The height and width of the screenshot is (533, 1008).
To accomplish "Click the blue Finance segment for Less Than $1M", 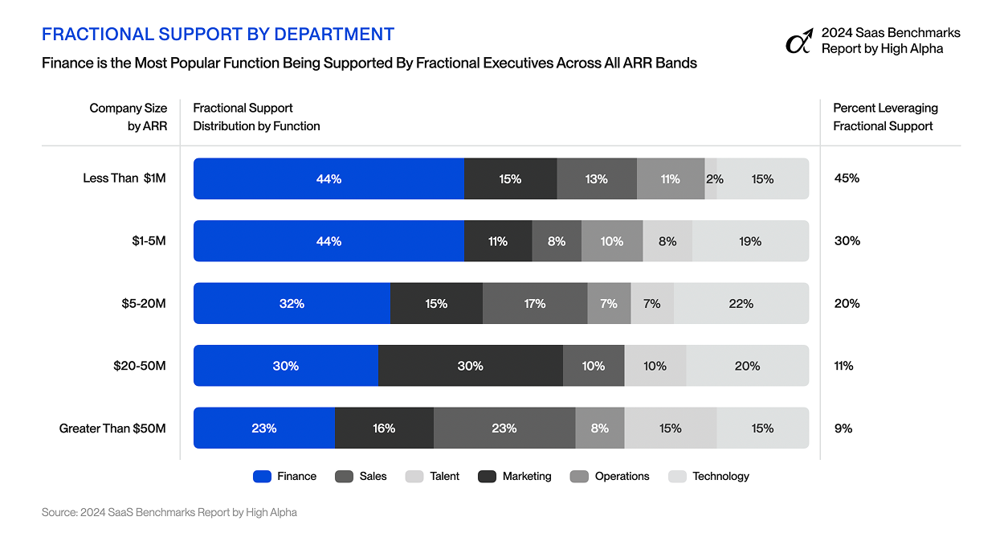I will point(329,178).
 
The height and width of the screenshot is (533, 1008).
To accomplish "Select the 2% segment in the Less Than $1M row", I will point(712,178).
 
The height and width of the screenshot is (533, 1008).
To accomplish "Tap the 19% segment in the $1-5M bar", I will point(750,241).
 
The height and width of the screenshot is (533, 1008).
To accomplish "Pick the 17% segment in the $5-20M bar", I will point(535,304).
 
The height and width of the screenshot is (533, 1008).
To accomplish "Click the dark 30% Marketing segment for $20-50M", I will point(471,366).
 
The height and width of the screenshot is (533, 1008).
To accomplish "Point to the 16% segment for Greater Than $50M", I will point(384,428).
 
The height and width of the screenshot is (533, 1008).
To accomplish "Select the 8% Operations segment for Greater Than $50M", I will point(600,428).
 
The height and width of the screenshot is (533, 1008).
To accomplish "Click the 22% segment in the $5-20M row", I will point(741,304).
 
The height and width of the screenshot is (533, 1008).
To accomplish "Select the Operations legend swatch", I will point(578,476).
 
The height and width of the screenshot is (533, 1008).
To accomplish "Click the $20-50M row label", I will point(140,366).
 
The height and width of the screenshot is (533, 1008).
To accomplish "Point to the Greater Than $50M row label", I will point(112,428).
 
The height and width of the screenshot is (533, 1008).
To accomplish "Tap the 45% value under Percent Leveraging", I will point(847,178).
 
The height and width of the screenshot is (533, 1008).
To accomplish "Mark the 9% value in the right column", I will point(843,428).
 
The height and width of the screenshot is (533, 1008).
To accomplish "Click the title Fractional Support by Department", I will point(218,34).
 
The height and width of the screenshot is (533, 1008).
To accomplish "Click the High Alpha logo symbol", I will point(798,42).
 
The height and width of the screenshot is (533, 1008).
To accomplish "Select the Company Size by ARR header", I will point(129,117).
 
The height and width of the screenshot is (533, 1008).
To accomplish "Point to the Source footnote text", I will point(169,512).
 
